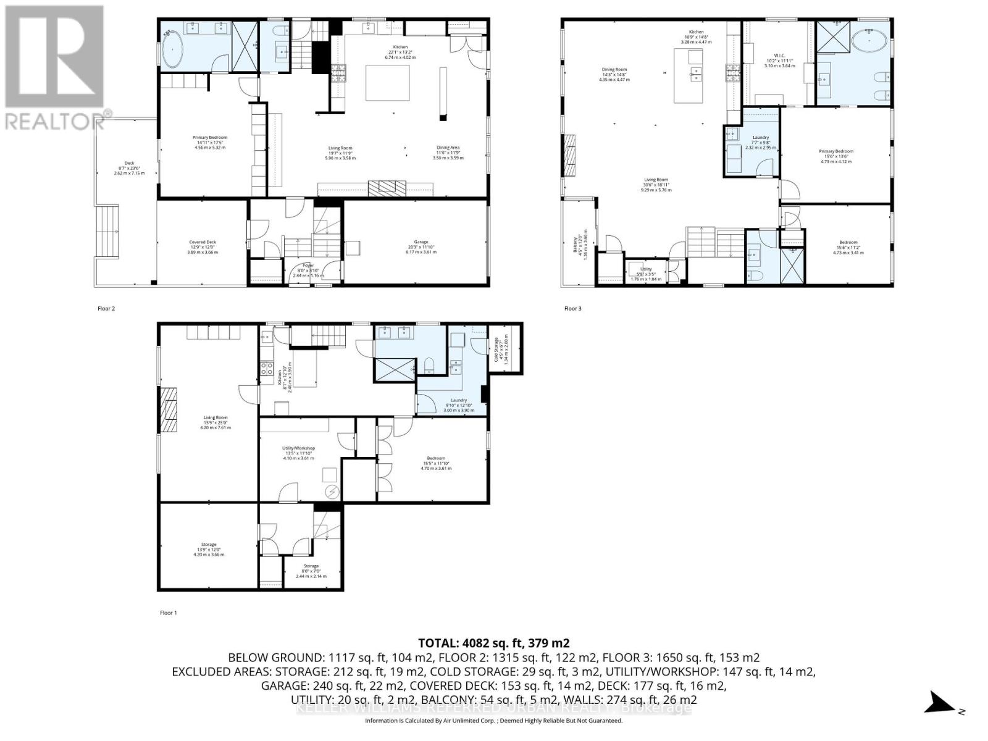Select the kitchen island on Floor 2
point(387,83)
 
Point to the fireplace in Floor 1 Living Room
point(169,411)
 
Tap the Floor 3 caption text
point(572,308)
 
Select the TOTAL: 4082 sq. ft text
point(493,642)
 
